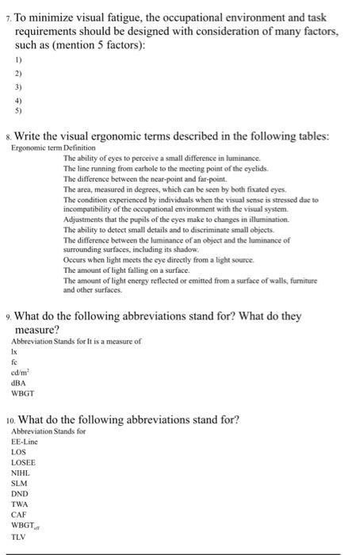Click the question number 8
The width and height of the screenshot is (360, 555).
[x=8, y=136]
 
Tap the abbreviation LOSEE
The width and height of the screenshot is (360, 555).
[x=24, y=461]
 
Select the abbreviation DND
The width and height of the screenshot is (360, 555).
[x=20, y=493]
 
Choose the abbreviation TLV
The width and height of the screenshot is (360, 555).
[x=18, y=537]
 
